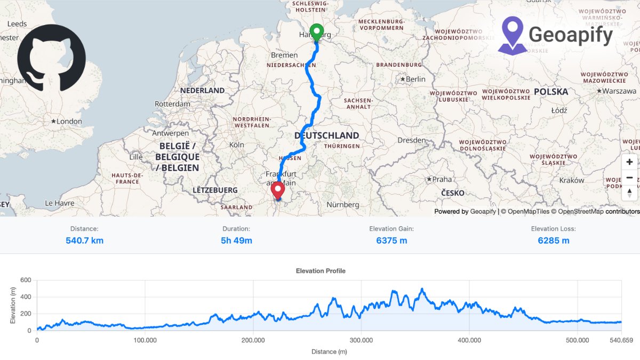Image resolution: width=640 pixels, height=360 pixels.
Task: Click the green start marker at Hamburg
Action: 316,32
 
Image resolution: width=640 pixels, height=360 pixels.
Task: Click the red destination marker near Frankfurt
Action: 278,189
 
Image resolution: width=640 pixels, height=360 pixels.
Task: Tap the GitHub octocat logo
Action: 51,58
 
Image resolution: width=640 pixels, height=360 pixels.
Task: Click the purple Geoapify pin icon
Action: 513,35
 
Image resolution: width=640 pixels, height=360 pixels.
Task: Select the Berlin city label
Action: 415,79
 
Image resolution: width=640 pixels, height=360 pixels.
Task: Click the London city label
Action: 69,122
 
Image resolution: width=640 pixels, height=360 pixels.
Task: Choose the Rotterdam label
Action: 172,104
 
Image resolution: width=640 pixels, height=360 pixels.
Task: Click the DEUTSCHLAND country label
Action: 326,135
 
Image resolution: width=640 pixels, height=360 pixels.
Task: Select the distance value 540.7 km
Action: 84,241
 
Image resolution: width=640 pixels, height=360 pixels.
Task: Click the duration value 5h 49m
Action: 236,241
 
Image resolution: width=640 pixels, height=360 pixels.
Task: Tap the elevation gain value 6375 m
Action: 391,241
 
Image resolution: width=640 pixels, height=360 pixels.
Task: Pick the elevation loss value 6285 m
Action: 553,241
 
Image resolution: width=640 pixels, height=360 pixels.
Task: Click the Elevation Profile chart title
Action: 321,271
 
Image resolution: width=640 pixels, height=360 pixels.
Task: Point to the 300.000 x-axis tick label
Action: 361,340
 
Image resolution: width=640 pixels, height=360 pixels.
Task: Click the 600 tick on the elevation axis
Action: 26,280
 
